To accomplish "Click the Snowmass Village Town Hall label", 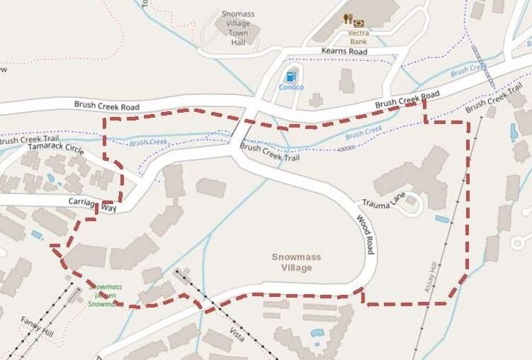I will (x=238, y=28).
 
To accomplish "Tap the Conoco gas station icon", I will (x=290, y=76).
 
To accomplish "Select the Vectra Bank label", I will (x=358, y=37).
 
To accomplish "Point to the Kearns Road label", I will (x=344, y=52).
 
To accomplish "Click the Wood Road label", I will (x=365, y=235).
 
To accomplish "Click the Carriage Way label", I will (x=92, y=204).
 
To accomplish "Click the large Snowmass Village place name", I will (x=292, y=262).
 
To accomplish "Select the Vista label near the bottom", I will (x=237, y=334).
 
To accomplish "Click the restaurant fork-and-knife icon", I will (x=347, y=19).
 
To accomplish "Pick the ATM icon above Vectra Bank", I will (x=358, y=23).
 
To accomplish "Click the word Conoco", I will (x=290, y=87).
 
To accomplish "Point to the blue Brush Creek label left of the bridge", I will (x=149, y=142).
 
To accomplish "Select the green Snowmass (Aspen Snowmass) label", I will (x=106, y=295).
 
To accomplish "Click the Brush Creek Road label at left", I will (x=106, y=106).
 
